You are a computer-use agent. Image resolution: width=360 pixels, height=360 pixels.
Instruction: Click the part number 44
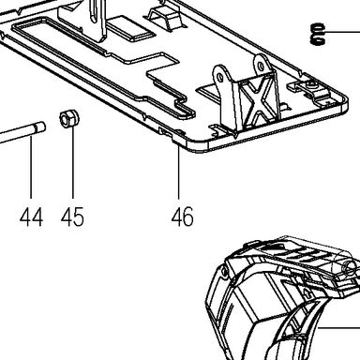31,217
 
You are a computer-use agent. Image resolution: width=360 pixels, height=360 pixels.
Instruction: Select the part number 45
72,217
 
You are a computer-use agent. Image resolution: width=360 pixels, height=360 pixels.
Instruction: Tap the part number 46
183,217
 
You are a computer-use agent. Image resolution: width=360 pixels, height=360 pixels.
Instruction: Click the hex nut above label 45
69,118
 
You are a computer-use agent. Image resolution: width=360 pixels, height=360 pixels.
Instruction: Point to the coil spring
318,34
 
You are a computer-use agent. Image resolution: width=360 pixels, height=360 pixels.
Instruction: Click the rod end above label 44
39,127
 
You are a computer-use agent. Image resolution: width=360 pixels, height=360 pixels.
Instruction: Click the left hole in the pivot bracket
220,77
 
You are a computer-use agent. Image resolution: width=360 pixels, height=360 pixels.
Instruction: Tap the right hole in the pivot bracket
260,67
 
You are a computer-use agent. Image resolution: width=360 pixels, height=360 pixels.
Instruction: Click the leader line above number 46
179,172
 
